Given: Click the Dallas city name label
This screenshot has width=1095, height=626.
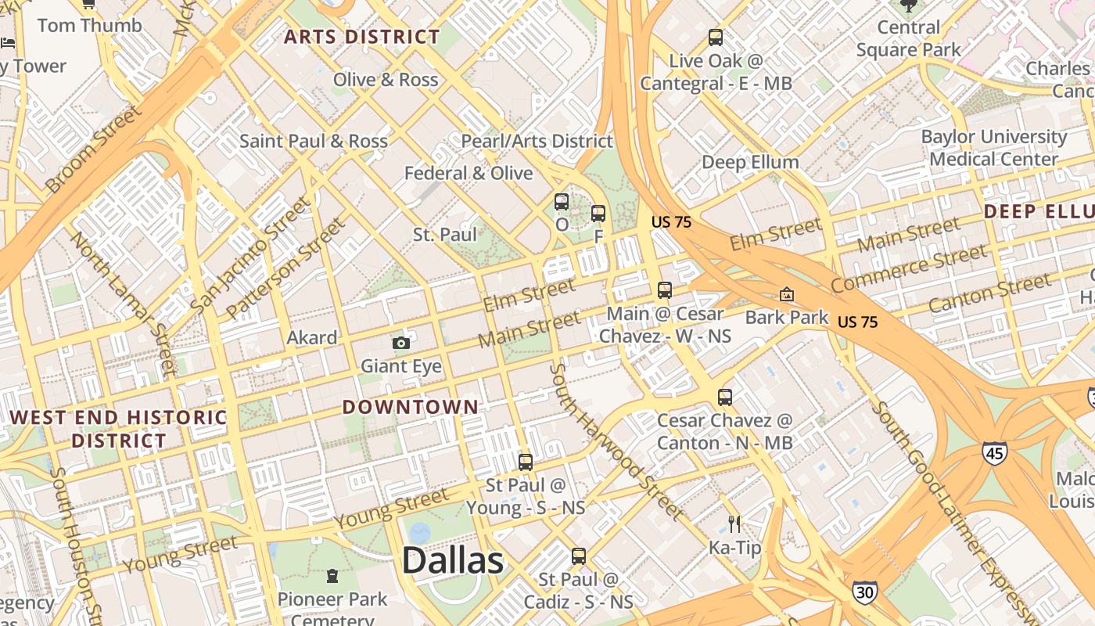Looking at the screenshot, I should (x=453, y=561).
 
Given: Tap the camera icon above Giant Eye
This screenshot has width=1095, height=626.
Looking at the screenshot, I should (x=400, y=343).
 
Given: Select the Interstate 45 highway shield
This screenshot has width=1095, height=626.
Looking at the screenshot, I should (x=995, y=452).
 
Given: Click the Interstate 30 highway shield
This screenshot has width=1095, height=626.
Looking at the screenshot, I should (x=864, y=592).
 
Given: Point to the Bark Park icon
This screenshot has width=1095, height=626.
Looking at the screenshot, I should (x=786, y=294).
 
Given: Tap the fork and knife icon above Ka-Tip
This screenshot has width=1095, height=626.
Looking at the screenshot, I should (x=734, y=523).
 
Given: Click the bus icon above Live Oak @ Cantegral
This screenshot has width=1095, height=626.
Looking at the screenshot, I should (x=715, y=37).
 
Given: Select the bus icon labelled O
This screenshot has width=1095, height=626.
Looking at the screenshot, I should (x=562, y=202).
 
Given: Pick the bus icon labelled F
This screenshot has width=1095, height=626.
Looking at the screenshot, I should (x=598, y=213).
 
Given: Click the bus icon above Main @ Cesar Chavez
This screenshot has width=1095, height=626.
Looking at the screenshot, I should (x=665, y=290).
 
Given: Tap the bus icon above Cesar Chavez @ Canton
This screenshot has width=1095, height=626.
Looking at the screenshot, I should (x=725, y=397).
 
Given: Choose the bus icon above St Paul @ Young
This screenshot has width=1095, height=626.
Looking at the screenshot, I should (x=526, y=462).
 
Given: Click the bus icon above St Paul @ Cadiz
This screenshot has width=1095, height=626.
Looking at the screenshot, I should (x=578, y=556).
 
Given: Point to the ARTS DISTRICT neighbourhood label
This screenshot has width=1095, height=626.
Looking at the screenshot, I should (x=362, y=37).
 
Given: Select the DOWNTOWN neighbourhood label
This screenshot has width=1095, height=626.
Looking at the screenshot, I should (x=410, y=407).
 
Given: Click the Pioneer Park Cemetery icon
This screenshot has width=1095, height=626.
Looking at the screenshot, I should (x=332, y=577).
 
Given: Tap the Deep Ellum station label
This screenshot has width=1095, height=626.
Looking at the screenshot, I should (x=750, y=162).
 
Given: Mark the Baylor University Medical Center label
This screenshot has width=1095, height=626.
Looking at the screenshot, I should (x=993, y=148).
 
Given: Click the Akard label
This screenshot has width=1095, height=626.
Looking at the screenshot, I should (x=312, y=338).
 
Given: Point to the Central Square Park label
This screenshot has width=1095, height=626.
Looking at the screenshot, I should (x=908, y=38).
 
